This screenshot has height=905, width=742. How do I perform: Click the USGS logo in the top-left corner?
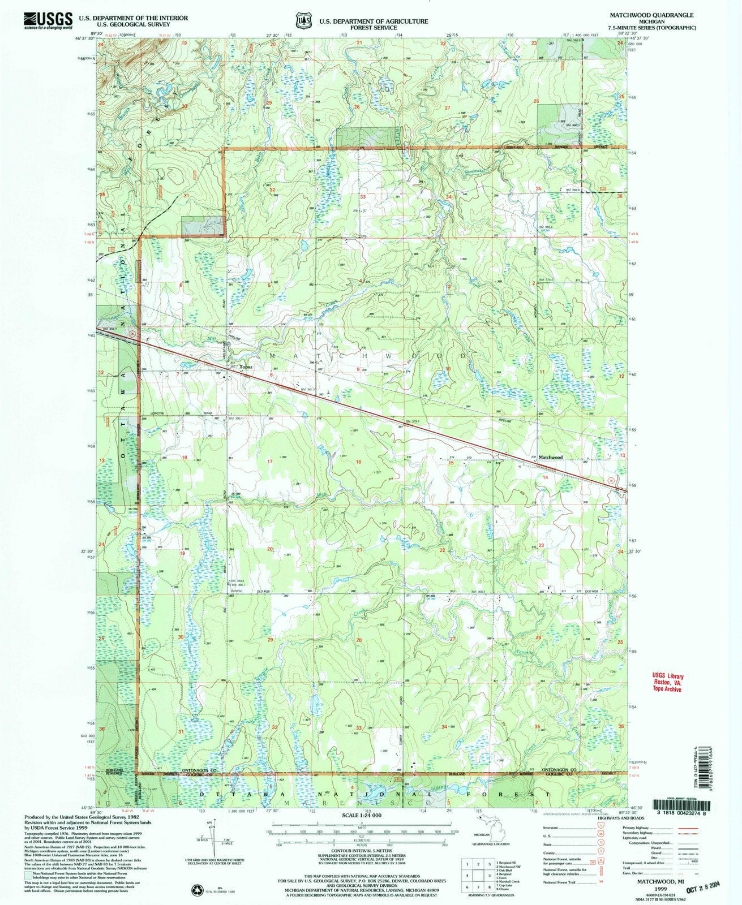tap(49, 21)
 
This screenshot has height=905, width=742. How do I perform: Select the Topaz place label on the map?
tap(245, 367)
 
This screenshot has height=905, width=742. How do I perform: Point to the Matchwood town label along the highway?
tap(551, 456)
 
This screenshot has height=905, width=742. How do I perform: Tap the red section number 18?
tap(184, 456)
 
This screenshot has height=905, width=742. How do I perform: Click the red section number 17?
tap(270, 462)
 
